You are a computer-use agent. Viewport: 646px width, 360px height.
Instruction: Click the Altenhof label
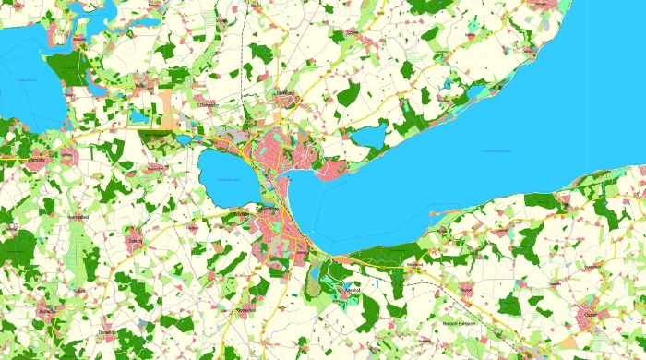pyautogui.click(x=350, y=289)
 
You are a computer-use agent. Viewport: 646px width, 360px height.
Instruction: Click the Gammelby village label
pyautogui.click(x=211, y=104)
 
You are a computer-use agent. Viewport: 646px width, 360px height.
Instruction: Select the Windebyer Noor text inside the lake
pyautogui.click(x=226, y=181)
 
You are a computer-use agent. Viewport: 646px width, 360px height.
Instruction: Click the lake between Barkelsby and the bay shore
pyautogui.click(x=370, y=137)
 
